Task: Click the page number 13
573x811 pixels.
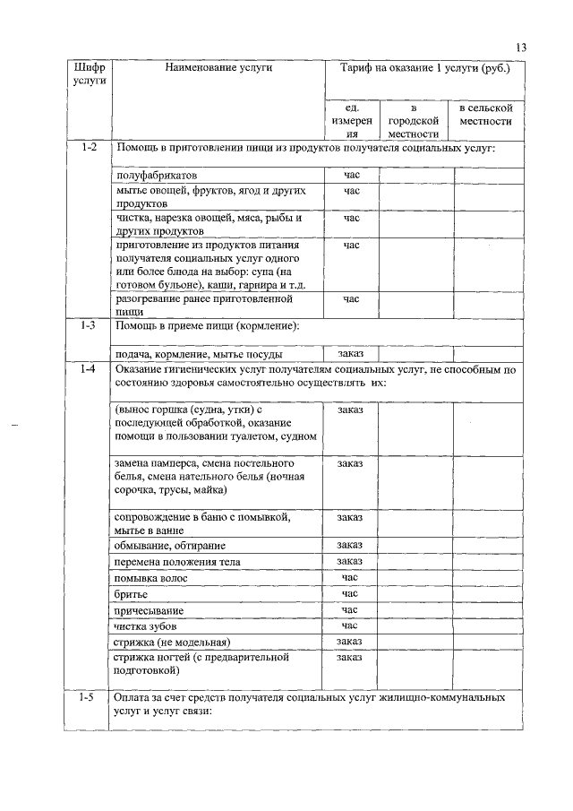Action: [x=521, y=47]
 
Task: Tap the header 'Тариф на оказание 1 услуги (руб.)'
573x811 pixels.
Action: [x=425, y=67]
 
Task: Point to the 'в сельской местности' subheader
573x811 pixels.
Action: [x=485, y=115]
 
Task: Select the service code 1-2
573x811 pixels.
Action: [x=88, y=147]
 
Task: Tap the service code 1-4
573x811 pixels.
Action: [x=88, y=369]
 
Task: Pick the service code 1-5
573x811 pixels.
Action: [x=88, y=696]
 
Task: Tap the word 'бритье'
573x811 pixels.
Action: [x=132, y=593]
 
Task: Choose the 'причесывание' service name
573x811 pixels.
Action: [x=147, y=609]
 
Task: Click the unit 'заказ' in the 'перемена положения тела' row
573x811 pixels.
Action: [x=349, y=561]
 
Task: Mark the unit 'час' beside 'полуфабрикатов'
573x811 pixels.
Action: [x=350, y=175]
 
